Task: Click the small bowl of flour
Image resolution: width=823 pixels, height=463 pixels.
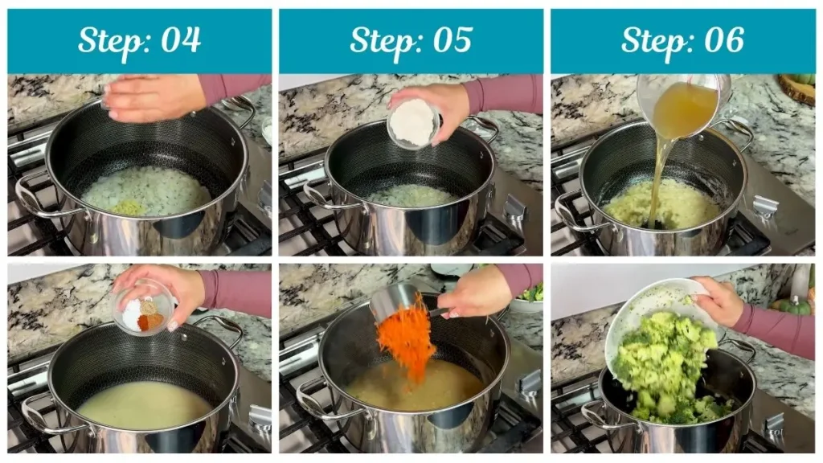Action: (x=413, y=123)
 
